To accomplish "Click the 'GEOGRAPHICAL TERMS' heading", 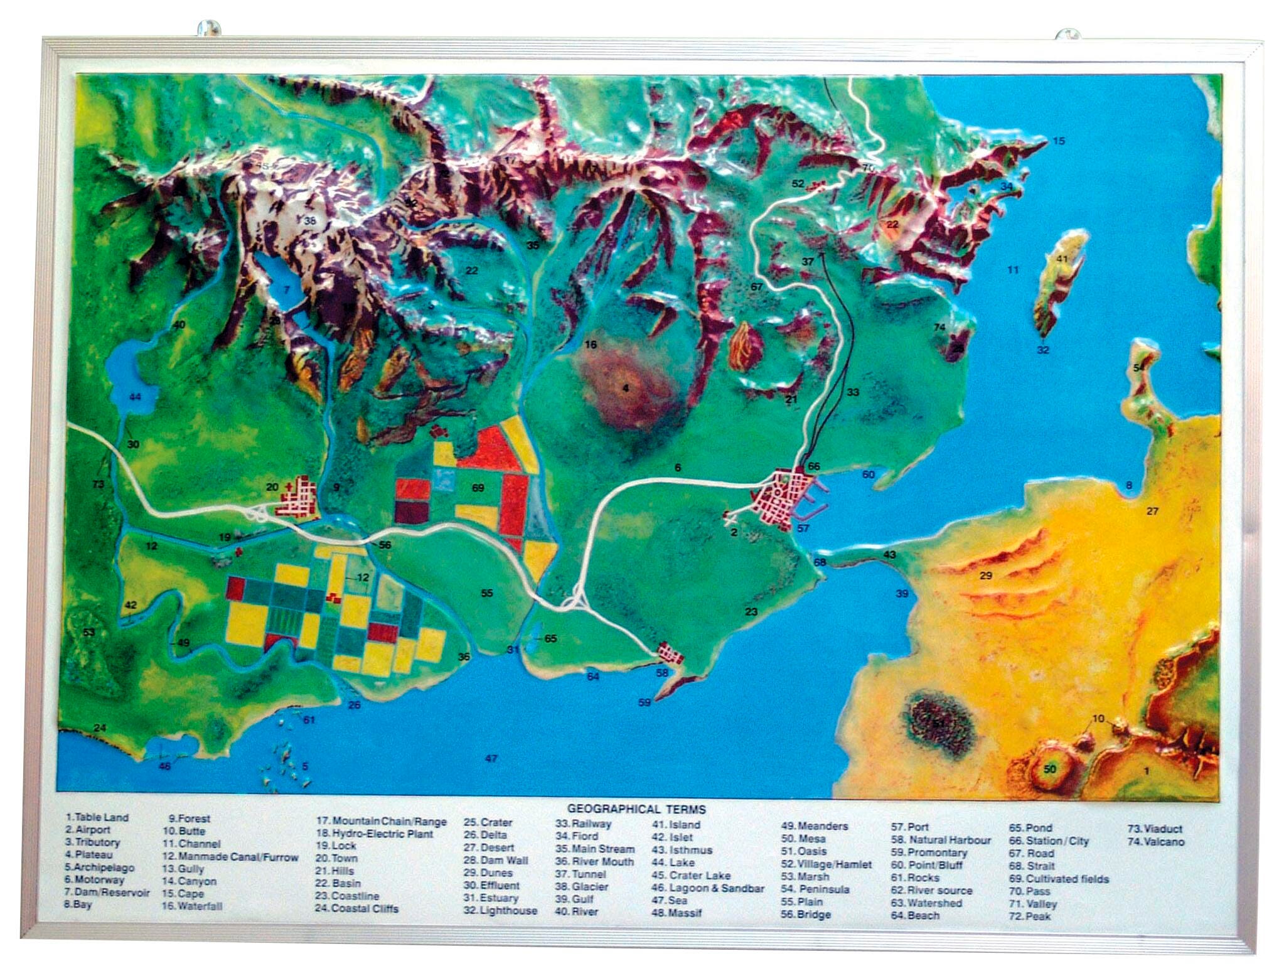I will (636, 809).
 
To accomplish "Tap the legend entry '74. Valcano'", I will (1155, 842).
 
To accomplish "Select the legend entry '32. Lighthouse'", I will (500, 911).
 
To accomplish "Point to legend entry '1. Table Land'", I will (97, 817).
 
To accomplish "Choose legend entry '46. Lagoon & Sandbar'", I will (708, 888).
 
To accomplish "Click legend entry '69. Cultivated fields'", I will (1059, 879).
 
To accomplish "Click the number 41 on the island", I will (1061, 259).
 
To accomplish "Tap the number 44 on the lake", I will (135, 396).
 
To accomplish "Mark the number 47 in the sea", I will (491, 758).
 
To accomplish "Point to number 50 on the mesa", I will (1049, 769).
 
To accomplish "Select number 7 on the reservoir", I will (286, 290).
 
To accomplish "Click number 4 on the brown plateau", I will (625, 389).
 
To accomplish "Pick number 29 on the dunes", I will (985, 575).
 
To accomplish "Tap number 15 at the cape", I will (1059, 141).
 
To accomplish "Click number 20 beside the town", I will (272, 486).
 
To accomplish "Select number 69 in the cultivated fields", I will (478, 488).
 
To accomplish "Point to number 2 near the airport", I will (734, 532).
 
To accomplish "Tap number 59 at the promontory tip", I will (644, 702).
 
